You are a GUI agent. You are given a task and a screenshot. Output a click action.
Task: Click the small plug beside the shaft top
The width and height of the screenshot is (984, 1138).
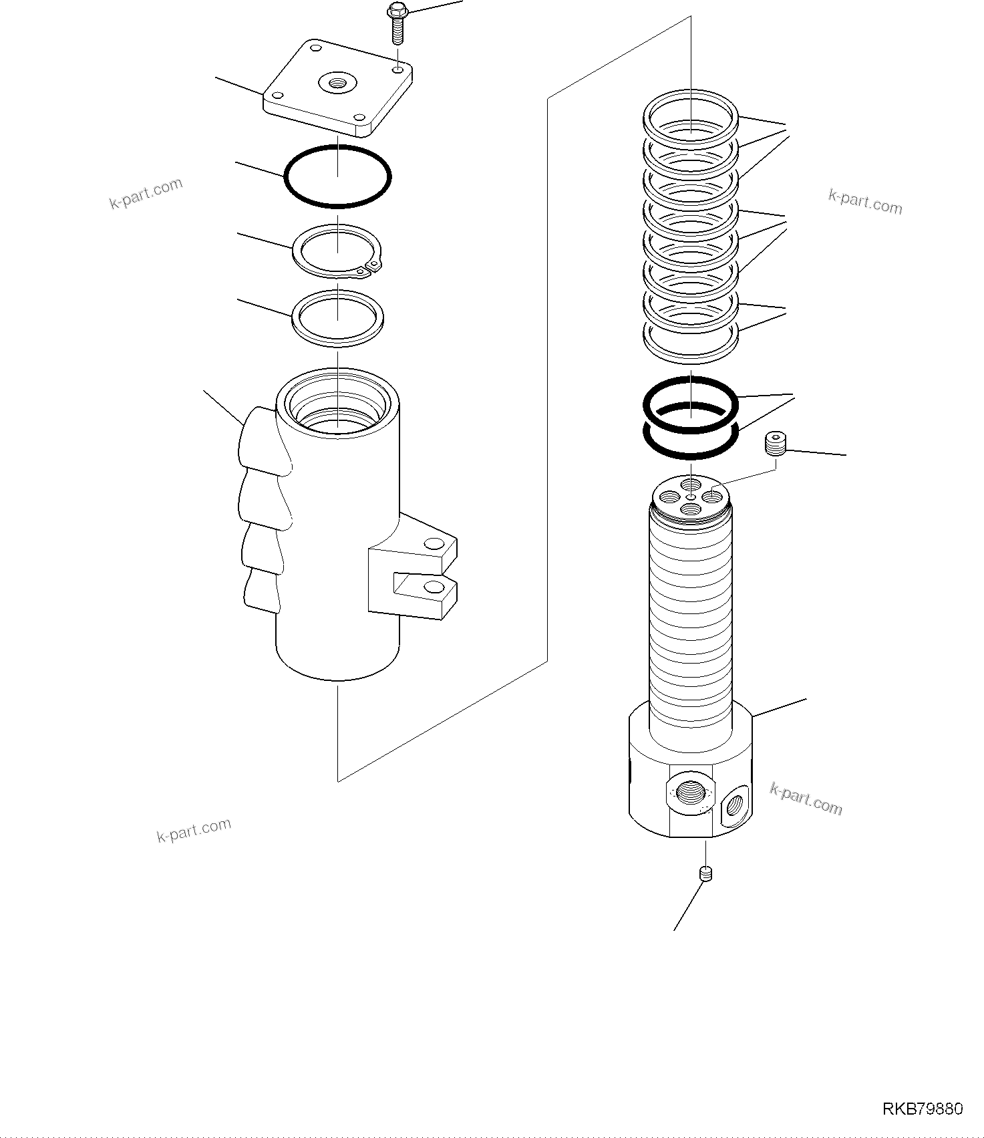[x=776, y=444]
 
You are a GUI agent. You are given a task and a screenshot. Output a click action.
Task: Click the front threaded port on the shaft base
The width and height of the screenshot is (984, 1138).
[x=689, y=793]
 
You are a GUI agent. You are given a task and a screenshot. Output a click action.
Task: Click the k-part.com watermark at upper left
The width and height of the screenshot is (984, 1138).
[x=146, y=193]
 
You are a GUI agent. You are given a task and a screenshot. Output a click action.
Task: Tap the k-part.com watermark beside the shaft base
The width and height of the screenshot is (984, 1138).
[x=806, y=799]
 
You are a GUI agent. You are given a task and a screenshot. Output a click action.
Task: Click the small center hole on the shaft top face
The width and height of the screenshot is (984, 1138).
[x=691, y=496]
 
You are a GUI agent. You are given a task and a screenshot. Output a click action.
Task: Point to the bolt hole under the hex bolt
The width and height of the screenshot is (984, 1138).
[x=397, y=70]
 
